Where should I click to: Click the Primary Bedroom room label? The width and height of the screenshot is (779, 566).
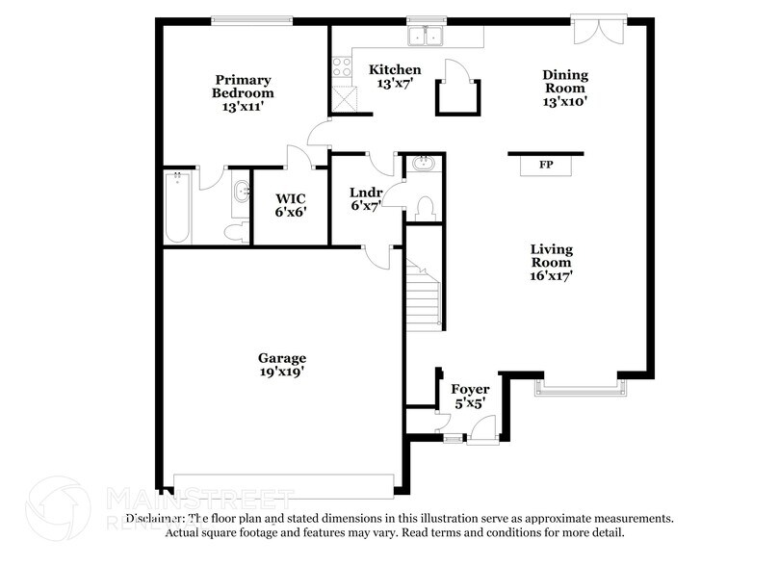[x=243, y=93]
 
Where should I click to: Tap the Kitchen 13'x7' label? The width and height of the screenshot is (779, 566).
[x=395, y=76]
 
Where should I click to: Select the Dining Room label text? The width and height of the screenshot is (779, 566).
[x=564, y=88]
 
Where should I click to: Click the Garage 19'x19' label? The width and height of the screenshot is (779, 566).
[x=281, y=363]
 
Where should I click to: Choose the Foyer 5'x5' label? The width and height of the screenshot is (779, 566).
[x=470, y=396]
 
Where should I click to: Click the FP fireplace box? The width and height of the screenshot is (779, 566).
[x=546, y=166]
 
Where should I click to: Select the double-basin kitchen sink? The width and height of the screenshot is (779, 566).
[x=424, y=38]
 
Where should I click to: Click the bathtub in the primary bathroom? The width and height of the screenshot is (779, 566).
[x=177, y=208]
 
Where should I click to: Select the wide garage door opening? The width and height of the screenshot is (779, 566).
[x=283, y=481]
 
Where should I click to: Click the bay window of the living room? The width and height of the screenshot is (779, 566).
[x=581, y=389]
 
